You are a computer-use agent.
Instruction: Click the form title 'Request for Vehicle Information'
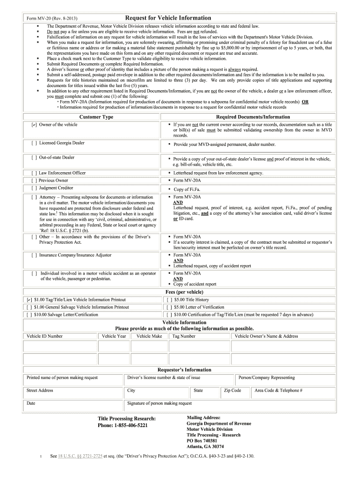coord(168,18)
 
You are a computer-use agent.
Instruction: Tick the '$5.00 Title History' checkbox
coord(169,300)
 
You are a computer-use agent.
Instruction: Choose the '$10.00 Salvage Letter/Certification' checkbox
coord(29,315)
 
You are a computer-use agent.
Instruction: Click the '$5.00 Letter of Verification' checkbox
coord(169,307)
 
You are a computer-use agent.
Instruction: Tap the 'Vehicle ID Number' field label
coord(44,336)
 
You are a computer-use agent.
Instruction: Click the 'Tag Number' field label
coord(184,336)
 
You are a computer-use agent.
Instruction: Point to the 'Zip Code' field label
coord(232,391)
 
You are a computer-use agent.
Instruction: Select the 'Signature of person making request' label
coord(159,403)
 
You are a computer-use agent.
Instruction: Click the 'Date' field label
coord(31,403)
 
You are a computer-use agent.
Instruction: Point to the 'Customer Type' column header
coord(96,117)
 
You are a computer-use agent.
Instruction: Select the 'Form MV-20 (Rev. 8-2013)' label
coord(48,18)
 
